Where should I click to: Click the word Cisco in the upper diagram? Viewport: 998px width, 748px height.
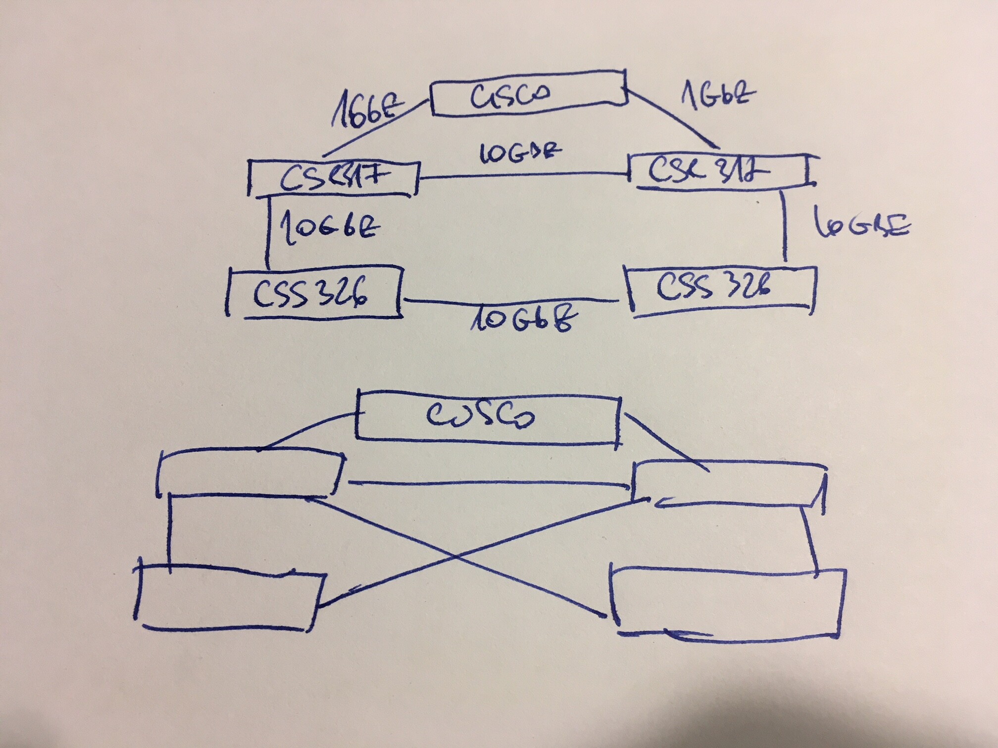click(510, 97)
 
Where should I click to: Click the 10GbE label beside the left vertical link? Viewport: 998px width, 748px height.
click(329, 228)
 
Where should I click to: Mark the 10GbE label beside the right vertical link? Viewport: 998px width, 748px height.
click(862, 227)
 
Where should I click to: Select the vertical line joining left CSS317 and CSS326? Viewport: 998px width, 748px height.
click(268, 233)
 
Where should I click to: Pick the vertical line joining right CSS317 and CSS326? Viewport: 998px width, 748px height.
click(786, 228)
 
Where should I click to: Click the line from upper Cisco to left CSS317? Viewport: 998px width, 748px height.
click(376, 126)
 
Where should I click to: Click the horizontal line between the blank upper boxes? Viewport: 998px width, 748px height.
click(490, 483)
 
